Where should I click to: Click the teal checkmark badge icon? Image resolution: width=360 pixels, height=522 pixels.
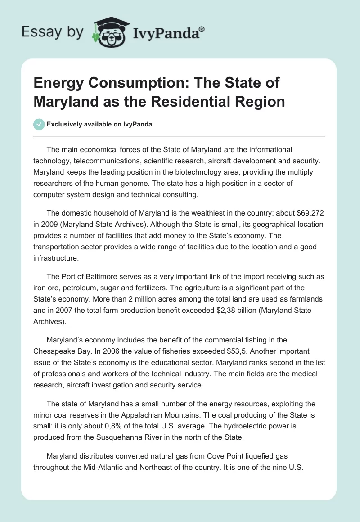point(39,124)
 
